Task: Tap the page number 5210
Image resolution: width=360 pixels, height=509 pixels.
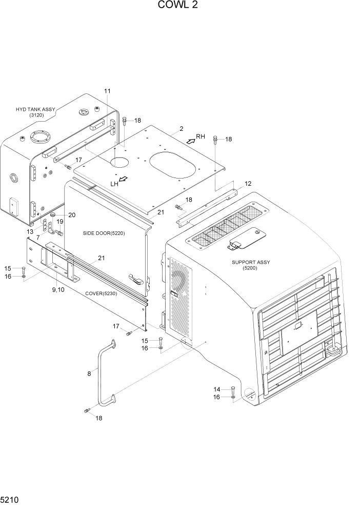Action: [10, 499]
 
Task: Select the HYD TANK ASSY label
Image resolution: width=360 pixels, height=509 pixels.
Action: [35, 112]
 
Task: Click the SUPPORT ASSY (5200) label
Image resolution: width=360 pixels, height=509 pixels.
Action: [251, 265]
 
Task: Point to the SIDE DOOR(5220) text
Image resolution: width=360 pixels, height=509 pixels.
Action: [104, 233]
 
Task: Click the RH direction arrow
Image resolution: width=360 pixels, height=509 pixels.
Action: [190, 140]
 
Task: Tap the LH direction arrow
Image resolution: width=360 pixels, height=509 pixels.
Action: [123, 180]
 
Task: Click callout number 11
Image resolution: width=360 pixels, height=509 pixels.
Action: [107, 91]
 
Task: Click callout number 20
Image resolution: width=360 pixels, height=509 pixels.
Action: [71, 215]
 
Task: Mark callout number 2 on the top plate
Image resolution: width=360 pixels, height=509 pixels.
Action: [181, 129]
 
